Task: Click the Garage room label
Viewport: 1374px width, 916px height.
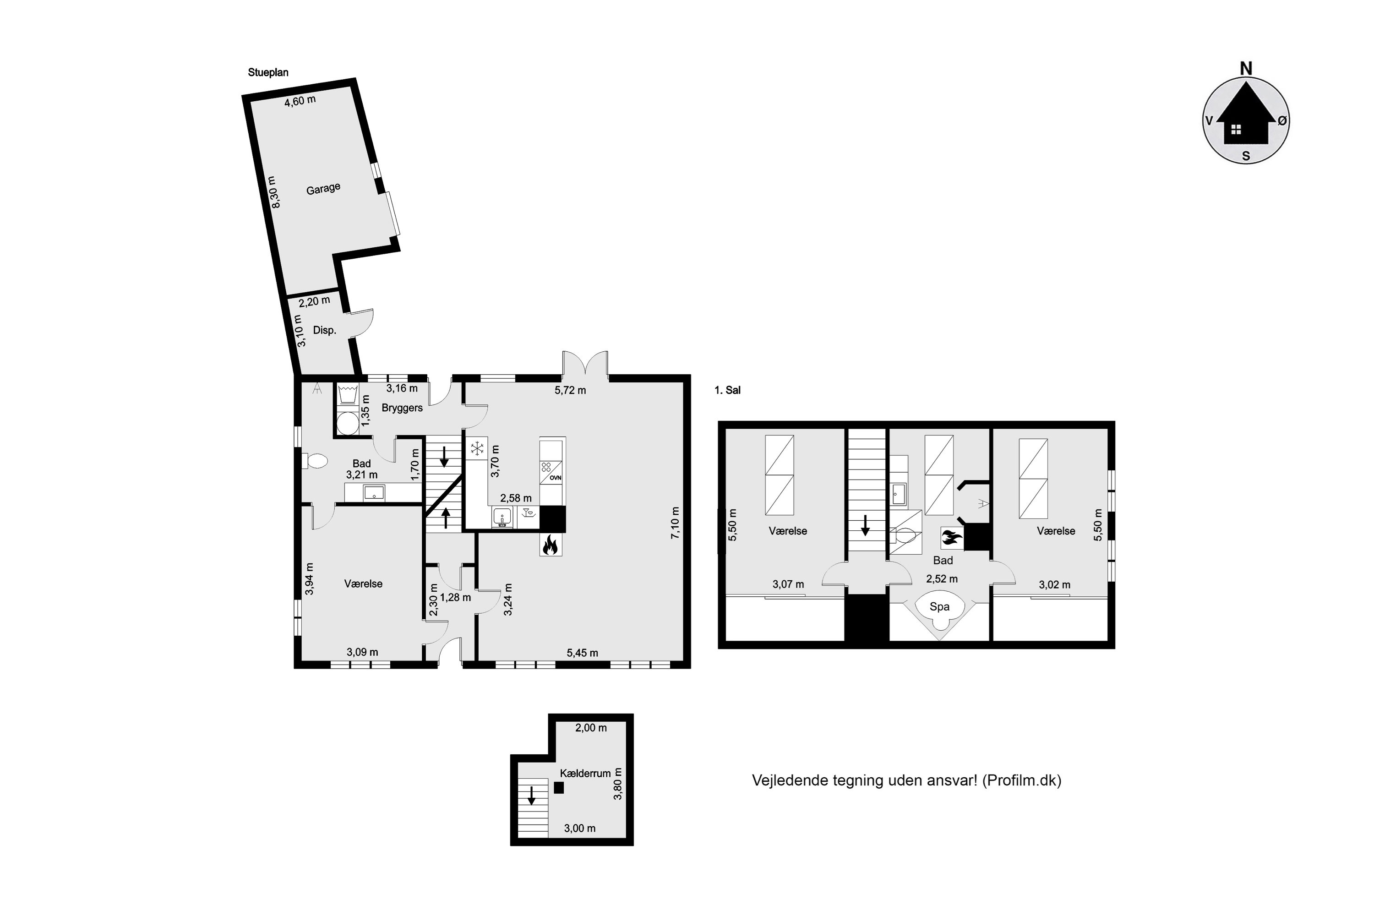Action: pyautogui.click(x=323, y=189)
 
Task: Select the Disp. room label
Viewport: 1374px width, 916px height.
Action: pyautogui.click(x=324, y=330)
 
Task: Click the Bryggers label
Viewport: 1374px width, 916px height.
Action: pyautogui.click(x=402, y=408)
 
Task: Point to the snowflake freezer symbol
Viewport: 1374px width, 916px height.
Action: pyautogui.click(x=477, y=449)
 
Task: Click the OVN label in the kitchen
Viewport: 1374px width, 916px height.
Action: pyautogui.click(x=555, y=477)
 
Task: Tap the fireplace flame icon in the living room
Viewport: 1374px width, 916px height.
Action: pyautogui.click(x=551, y=545)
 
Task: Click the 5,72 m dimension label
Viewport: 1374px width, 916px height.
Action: pyautogui.click(x=570, y=390)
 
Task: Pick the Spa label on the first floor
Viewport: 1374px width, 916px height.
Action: pyautogui.click(x=939, y=606)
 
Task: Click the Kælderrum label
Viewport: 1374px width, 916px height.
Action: pyautogui.click(x=585, y=774)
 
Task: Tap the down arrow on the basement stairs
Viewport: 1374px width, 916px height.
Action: pyautogui.click(x=532, y=795)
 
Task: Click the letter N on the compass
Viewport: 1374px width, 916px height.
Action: pyautogui.click(x=1246, y=68)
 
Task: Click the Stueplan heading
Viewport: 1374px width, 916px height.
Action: pyautogui.click(x=268, y=72)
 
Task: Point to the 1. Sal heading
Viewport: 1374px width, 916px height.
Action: pyautogui.click(x=727, y=390)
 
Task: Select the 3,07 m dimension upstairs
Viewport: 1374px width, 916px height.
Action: pyautogui.click(x=788, y=584)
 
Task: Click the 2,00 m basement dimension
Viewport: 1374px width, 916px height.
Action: pyautogui.click(x=591, y=728)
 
